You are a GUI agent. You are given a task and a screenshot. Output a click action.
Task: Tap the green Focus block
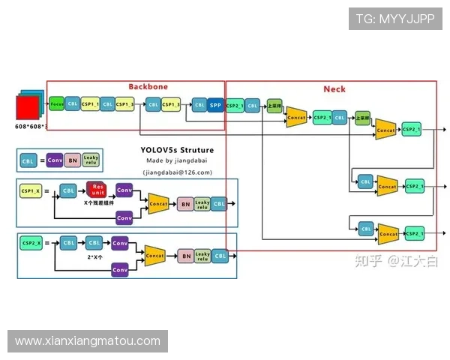pyautogui.click(x=57, y=103)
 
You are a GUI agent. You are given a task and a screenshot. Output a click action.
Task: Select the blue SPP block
pyautogui.click(x=215, y=105)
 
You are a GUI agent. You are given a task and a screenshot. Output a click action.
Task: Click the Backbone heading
pyautogui.click(x=148, y=87)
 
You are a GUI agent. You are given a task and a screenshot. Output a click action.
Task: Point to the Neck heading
pyautogui.click(x=334, y=89)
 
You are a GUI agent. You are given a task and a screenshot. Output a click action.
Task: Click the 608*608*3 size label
pyautogui.click(x=31, y=126)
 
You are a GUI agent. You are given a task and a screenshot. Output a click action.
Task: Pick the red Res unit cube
pyautogui.click(x=96, y=191)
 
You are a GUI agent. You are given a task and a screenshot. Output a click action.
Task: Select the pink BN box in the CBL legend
pyautogui.click(x=73, y=160)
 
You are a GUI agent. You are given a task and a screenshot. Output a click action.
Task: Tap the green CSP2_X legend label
pyautogui.click(x=32, y=243)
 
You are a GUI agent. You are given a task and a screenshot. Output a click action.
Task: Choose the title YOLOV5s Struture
pyautogui.click(x=177, y=149)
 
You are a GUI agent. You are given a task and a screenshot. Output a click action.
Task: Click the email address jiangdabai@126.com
pyautogui.click(x=177, y=172)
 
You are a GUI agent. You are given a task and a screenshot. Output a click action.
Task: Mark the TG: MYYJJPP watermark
pyautogui.click(x=395, y=19)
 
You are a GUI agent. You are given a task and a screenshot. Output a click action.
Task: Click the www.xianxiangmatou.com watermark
pyautogui.click(x=88, y=341)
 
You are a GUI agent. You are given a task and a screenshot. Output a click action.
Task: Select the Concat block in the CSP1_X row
pyautogui.click(x=158, y=203)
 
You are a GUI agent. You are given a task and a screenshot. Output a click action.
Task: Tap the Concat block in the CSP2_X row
pyautogui.click(x=154, y=256)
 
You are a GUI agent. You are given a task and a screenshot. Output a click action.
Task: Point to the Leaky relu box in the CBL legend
pyautogui.click(x=91, y=160)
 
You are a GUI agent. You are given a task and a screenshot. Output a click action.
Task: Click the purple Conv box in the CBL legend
pyautogui.click(x=55, y=160)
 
